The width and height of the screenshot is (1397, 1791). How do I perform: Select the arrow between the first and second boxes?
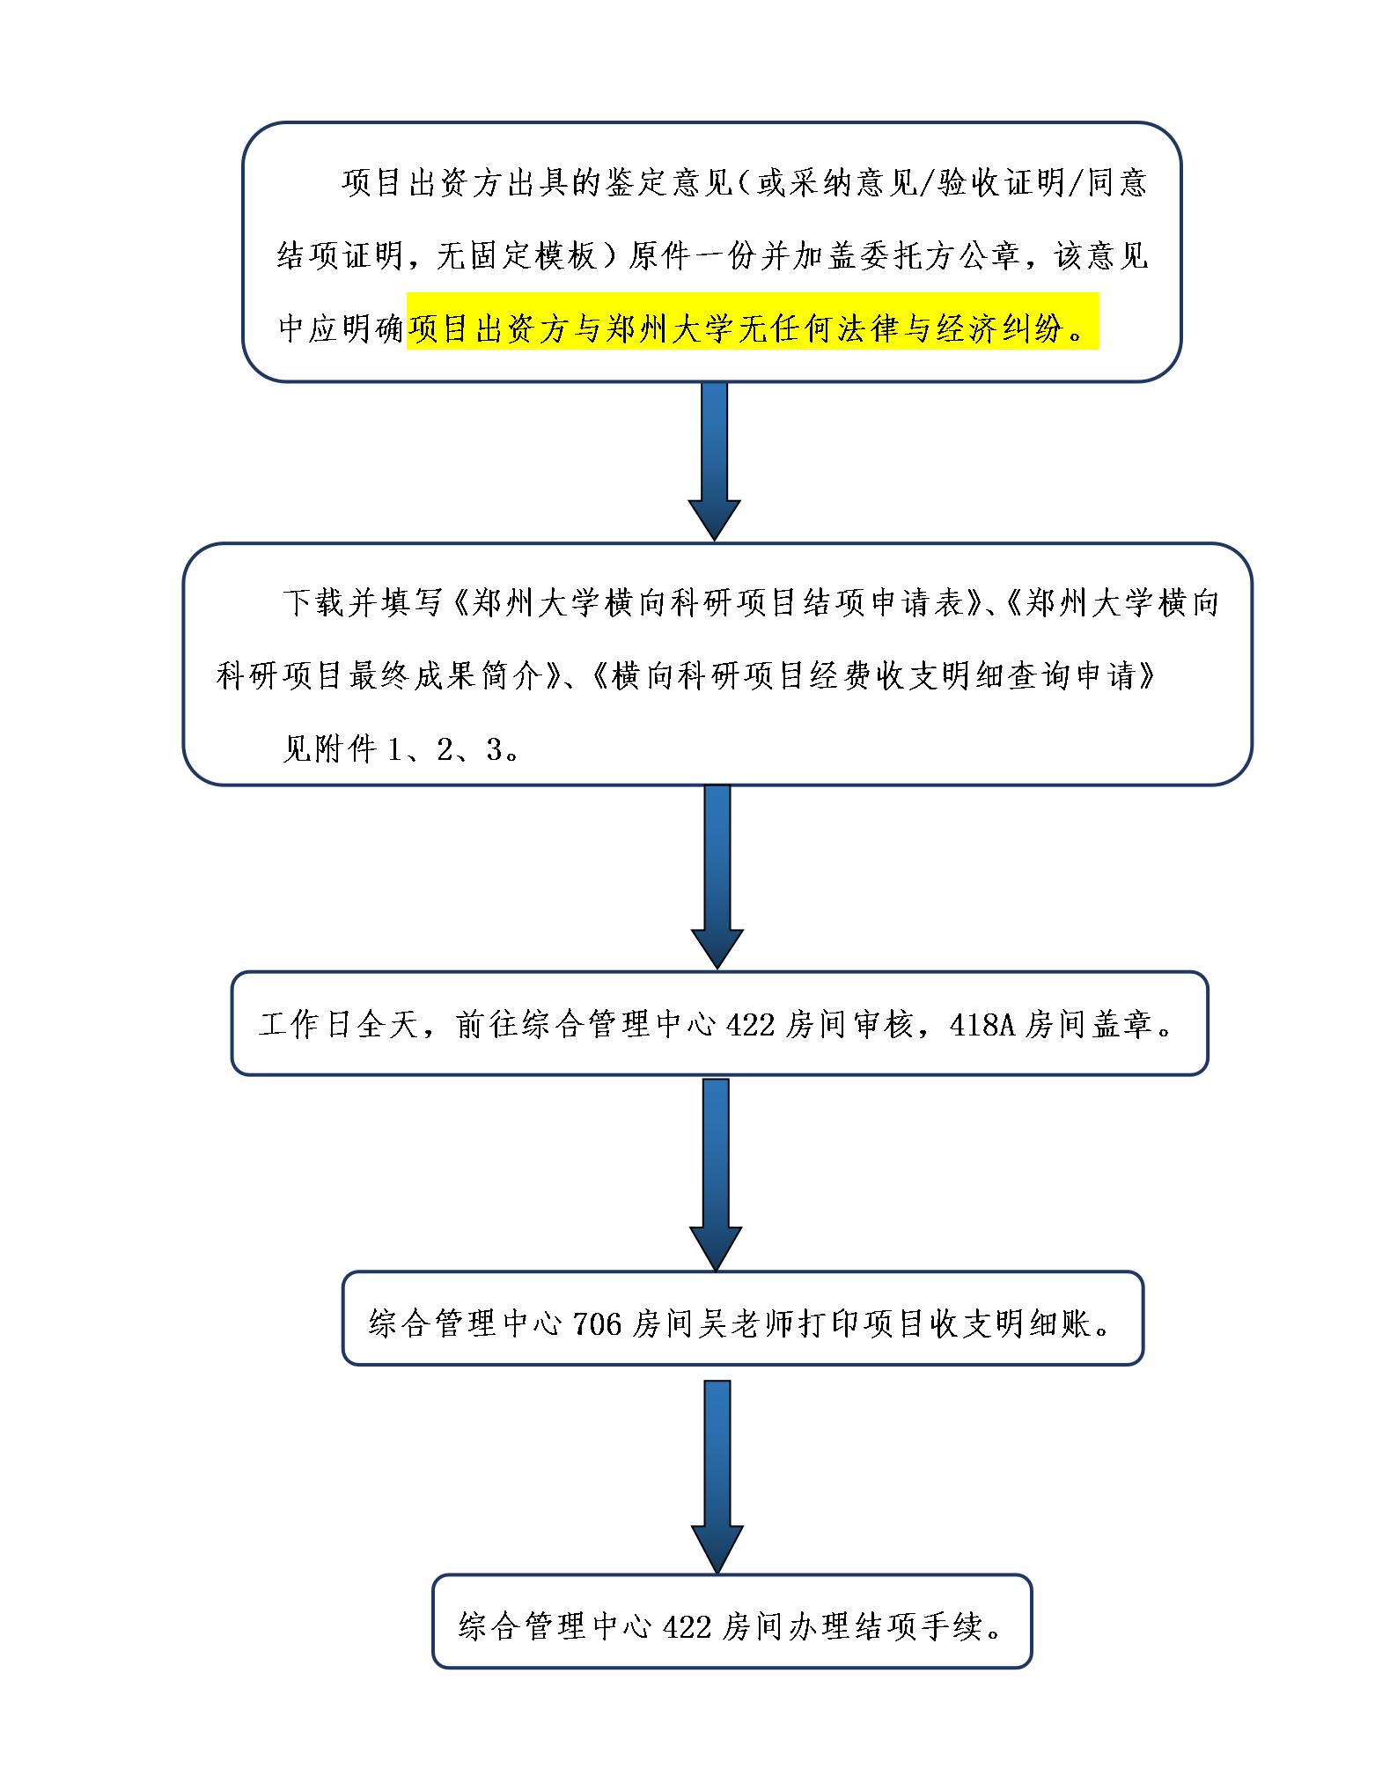(714, 461)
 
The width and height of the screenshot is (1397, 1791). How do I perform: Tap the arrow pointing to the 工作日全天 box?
(717, 877)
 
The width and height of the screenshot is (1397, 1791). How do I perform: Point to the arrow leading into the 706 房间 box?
(716, 1174)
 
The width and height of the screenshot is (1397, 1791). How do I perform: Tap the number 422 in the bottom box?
(686, 1626)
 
